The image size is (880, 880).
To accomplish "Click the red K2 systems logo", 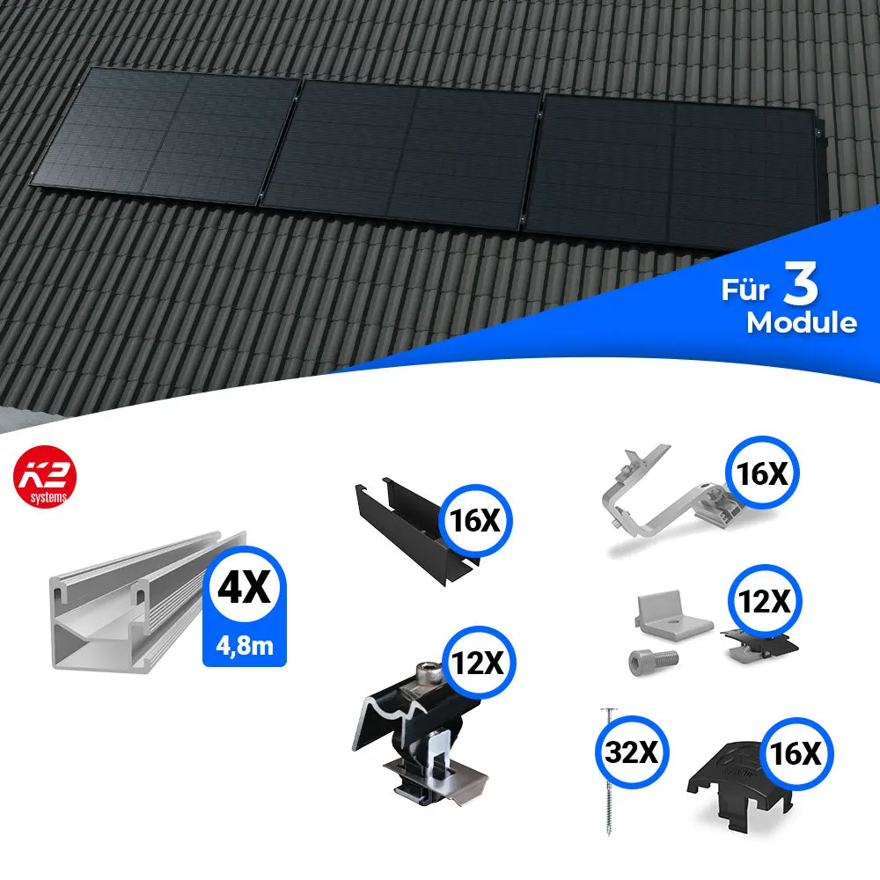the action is pyautogui.click(x=45, y=477).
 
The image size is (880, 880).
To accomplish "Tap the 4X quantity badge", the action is pyautogui.click(x=244, y=586).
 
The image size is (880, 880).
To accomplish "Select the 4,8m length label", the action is pyautogui.click(x=245, y=646).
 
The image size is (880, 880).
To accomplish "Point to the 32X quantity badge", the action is pyautogui.click(x=632, y=752).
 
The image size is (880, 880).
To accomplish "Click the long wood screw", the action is pyautogui.click(x=608, y=771).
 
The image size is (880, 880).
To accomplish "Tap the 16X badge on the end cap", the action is pyautogui.click(x=796, y=753).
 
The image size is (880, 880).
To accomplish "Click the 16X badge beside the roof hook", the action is pyautogui.click(x=762, y=473).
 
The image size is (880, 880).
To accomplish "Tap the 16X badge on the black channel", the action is pyautogui.click(x=476, y=521).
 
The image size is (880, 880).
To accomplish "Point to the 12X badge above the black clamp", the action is pyautogui.click(x=478, y=663).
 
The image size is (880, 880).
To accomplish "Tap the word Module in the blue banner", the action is pyautogui.click(x=802, y=323).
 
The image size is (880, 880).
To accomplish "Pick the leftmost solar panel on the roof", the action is pyautogui.click(x=165, y=135).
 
